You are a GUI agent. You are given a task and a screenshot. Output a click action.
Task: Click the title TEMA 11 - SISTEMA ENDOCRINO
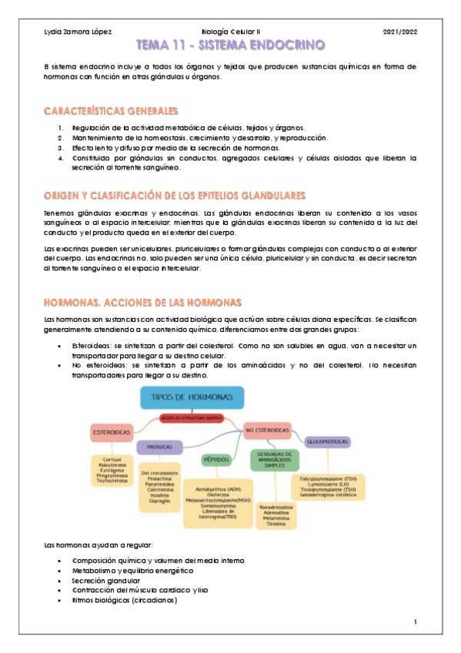click(230, 45)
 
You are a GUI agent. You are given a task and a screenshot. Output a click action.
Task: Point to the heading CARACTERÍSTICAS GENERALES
click(112, 111)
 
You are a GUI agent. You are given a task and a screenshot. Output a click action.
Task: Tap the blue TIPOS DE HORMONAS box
click(192, 397)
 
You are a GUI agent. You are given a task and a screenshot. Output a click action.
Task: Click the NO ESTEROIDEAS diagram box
click(267, 429)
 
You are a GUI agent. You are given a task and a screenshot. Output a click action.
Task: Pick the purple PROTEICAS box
click(159, 447)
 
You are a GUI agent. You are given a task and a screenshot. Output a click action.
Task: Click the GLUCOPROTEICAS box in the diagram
click(328, 442)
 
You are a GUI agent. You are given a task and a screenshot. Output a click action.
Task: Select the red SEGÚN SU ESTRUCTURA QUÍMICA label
click(192, 417)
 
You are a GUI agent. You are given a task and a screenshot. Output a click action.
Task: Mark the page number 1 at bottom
click(414, 621)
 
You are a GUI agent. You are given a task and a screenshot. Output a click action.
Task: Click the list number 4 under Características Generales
click(60, 158)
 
